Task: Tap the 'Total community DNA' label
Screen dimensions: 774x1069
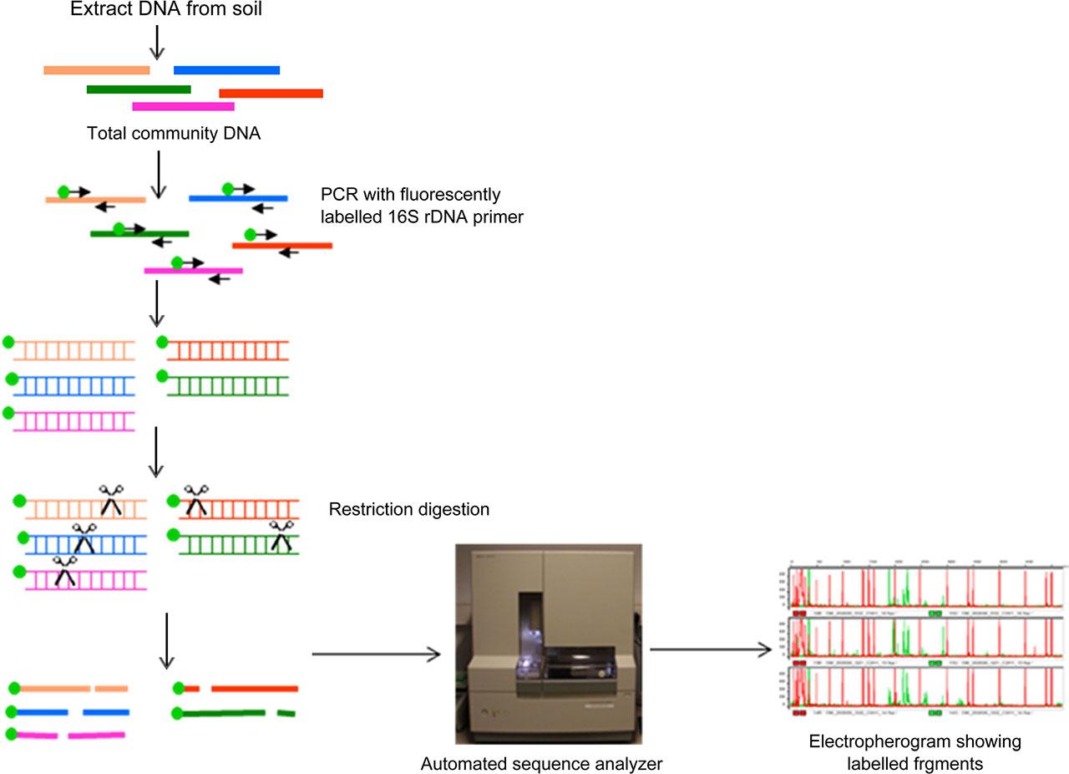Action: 174,133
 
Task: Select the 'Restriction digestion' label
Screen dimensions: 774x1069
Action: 408,509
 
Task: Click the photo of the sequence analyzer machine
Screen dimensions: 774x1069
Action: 548,644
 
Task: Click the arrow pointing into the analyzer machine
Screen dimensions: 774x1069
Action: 376,654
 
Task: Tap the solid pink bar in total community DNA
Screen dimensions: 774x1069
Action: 183,106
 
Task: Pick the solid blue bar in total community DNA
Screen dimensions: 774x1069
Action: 226,70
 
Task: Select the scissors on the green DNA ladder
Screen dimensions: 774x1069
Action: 281,535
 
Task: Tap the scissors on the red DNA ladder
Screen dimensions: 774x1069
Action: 196,499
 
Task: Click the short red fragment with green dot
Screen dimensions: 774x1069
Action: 191,689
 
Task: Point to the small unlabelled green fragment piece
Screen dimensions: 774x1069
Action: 286,714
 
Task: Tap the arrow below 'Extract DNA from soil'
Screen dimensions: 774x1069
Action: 156,42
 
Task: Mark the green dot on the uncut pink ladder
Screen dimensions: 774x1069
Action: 9,412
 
